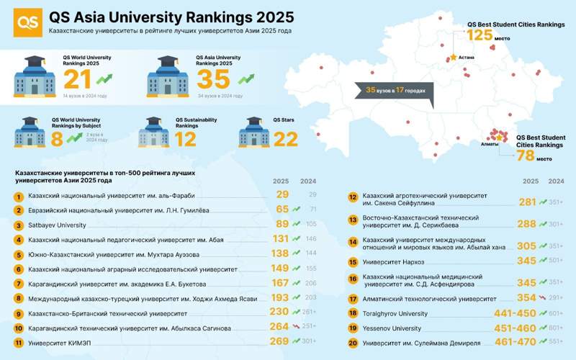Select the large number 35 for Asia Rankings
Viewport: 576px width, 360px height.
point(212,80)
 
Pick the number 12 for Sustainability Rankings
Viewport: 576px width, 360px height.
point(185,139)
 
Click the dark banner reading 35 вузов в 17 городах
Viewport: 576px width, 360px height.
point(392,91)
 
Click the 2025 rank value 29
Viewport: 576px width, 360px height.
point(282,196)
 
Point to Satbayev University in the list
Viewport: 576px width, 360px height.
point(56,225)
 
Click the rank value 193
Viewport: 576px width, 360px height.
point(279,299)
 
